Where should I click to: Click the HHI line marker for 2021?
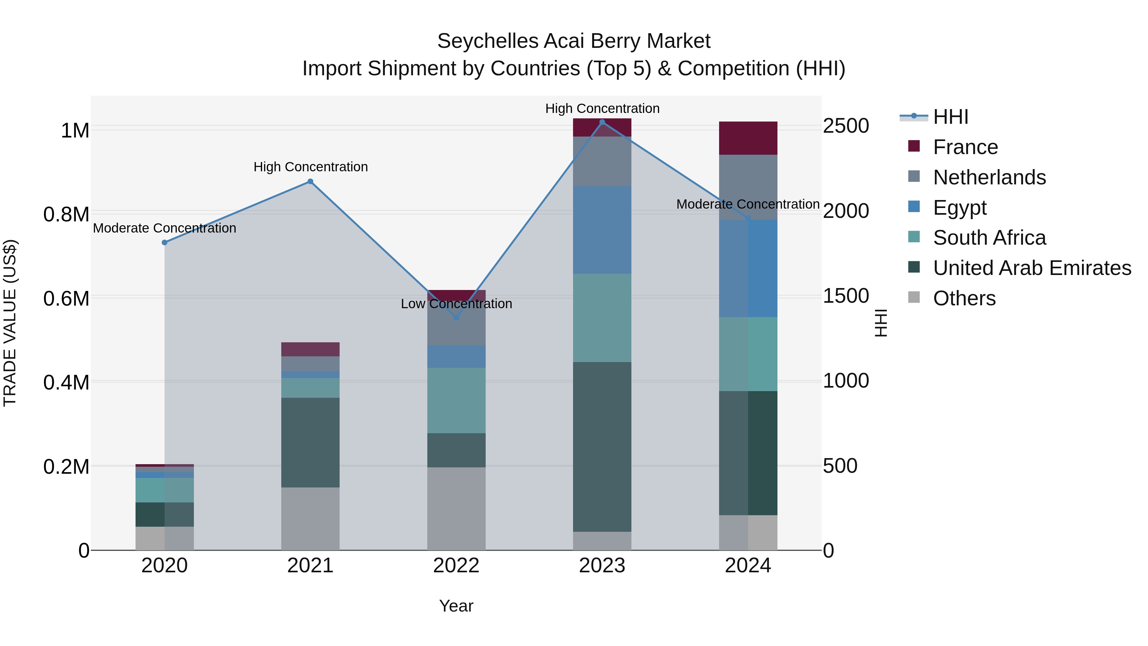(310, 182)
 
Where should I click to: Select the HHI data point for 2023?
(602, 122)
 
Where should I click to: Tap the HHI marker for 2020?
(165, 242)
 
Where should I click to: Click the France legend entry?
(965, 147)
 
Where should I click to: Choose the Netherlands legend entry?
(989, 177)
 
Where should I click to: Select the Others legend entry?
(964, 298)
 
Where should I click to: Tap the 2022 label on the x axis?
(456, 566)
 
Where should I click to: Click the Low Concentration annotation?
(456, 304)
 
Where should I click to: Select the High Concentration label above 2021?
(311, 167)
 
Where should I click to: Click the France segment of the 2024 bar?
(748, 138)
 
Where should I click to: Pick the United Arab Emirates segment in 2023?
(602, 447)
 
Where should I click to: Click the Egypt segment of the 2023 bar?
(602, 230)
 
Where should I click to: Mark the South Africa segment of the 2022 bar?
(456, 400)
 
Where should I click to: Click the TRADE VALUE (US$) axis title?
(10, 323)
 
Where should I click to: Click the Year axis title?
(456, 606)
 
